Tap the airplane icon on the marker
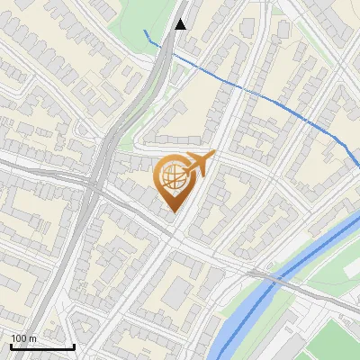(199, 164)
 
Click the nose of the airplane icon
(213, 156)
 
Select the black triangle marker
(181, 24)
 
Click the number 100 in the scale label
(19, 338)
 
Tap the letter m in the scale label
(32, 338)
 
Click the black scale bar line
(41, 346)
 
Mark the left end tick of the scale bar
(10, 345)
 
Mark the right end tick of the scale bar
(74, 345)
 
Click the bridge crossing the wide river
(270, 280)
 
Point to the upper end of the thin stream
(144, 31)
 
